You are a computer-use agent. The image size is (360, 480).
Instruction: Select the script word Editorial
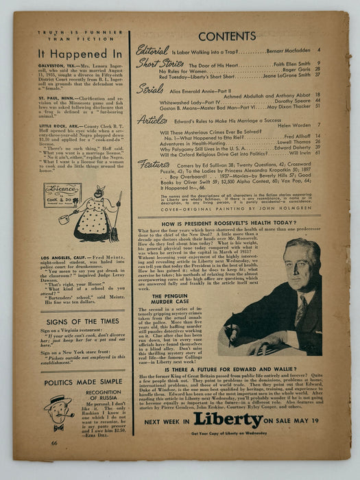(x=152, y=49)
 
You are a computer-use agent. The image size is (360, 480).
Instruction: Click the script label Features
(x=154, y=163)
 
